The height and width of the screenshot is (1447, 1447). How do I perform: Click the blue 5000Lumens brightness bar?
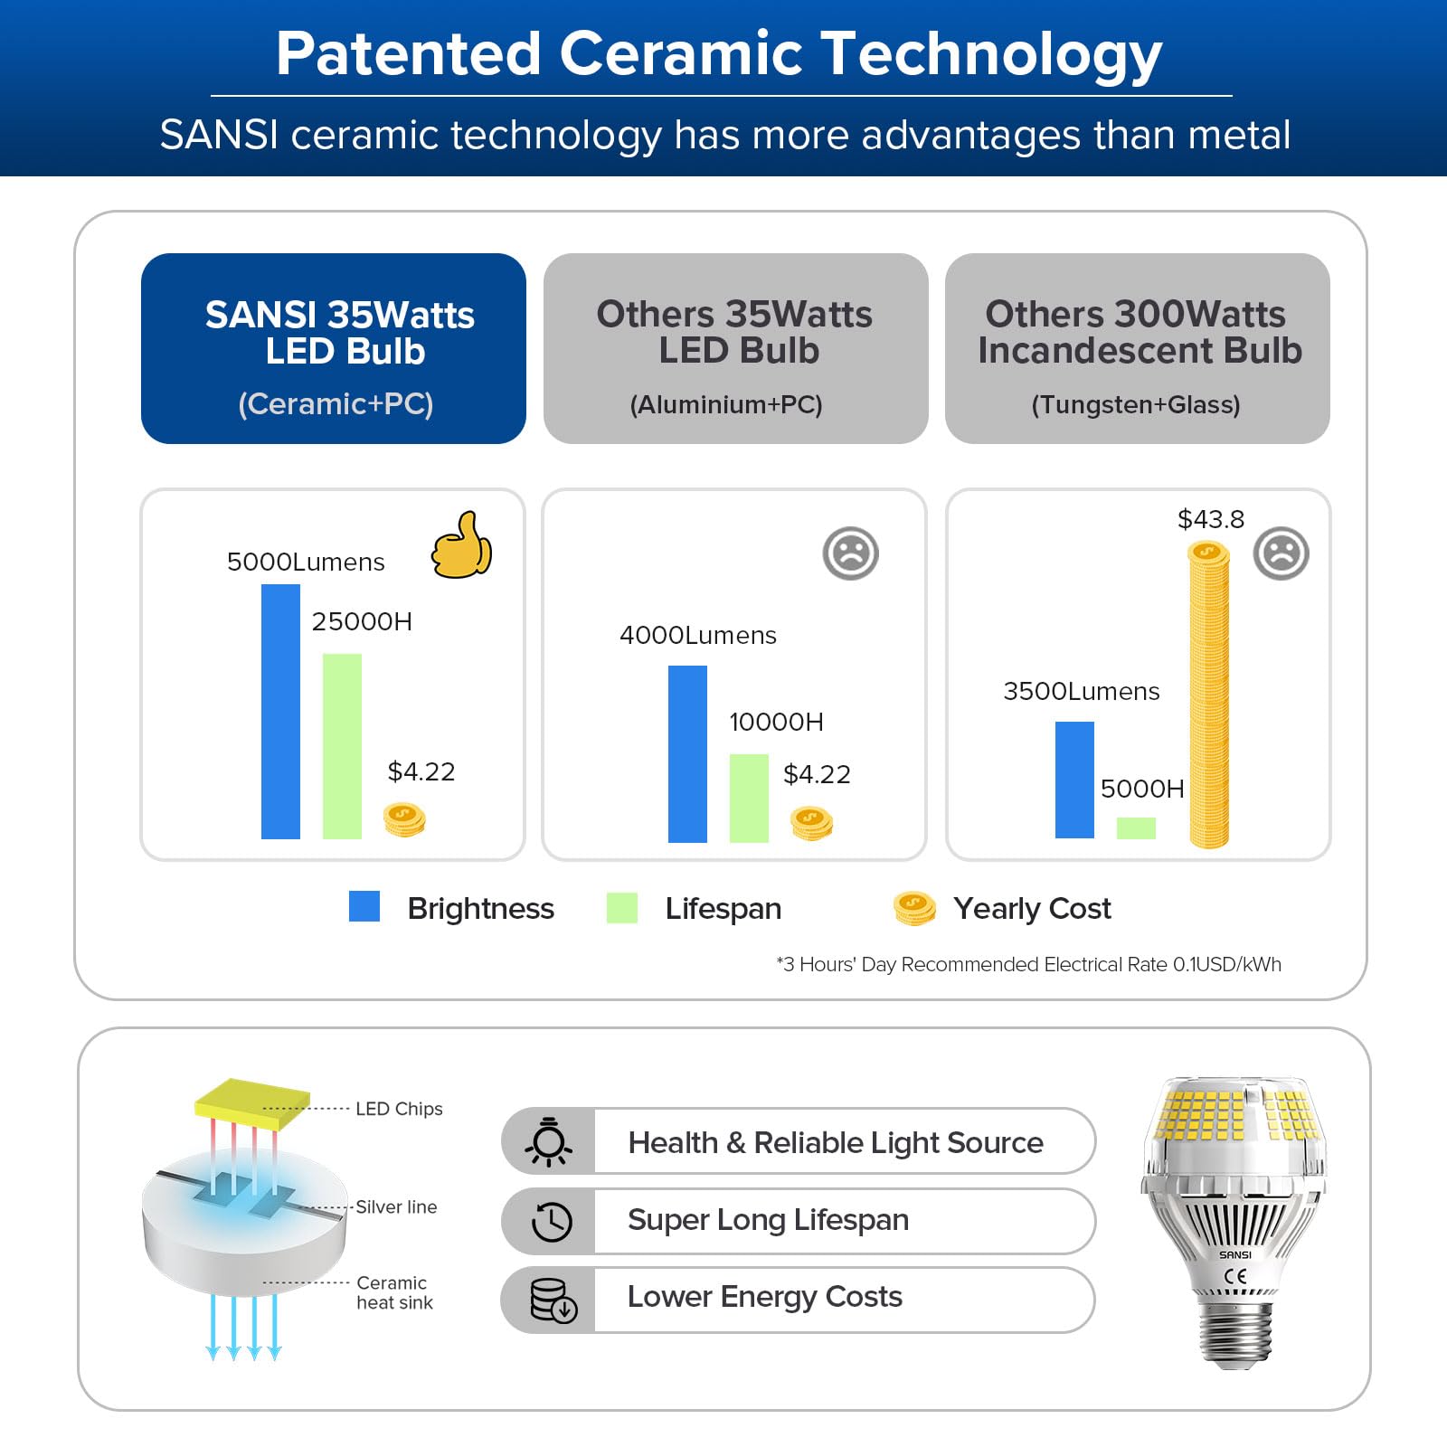pyautogui.click(x=280, y=712)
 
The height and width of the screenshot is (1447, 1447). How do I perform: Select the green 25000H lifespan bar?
pyautogui.click(x=342, y=746)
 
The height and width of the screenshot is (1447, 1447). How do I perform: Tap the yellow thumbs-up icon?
pyautogui.click(x=461, y=544)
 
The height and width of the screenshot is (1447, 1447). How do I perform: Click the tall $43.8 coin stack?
pyautogui.click(x=1209, y=695)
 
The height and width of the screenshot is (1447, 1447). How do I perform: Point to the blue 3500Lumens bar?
pyautogui.click(x=1074, y=780)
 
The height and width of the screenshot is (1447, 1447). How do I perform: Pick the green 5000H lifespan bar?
pyautogui.click(x=1136, y=828)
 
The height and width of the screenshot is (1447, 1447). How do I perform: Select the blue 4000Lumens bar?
pyautogui.click(x=687, y=754)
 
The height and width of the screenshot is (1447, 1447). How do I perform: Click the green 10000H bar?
pyautogui.click(x=749, y=799)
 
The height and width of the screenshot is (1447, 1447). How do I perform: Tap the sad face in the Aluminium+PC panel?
pyautogui.click(x=851, y=553)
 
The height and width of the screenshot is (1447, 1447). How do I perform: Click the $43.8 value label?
pyautogui.click(x=1211, y=519)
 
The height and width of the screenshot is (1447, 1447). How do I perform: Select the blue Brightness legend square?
pyautogui.click(x=364, y=906)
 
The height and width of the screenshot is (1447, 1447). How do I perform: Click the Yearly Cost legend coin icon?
pyautogui.click(x=914, y=908)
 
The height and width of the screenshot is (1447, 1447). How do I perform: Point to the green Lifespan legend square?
pyautogui.click(x=622, y=907)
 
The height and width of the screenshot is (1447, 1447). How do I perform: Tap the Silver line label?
pyautogui.click(x=396, y=1206)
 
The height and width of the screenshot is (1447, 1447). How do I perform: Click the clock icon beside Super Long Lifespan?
pyautogui.click(x=552, y=1222)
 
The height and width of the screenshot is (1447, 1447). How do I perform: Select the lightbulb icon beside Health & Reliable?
pyautogui.click(x=549, y=1142)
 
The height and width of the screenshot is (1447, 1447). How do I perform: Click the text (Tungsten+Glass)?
pyautogui.click(x=1136, y=404)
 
